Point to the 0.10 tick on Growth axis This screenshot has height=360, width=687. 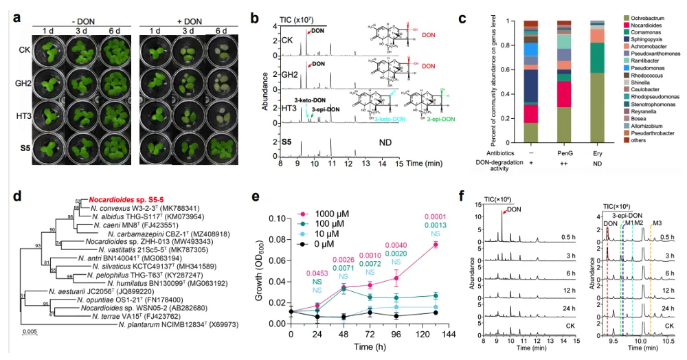click(275, 218)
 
